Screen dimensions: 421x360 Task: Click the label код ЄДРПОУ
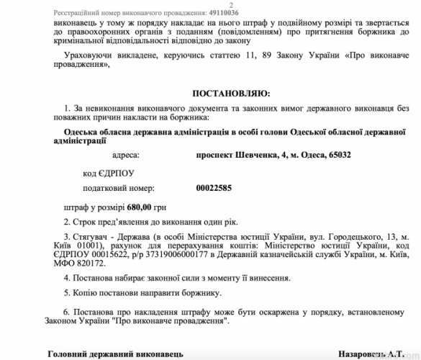(109, 173)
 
